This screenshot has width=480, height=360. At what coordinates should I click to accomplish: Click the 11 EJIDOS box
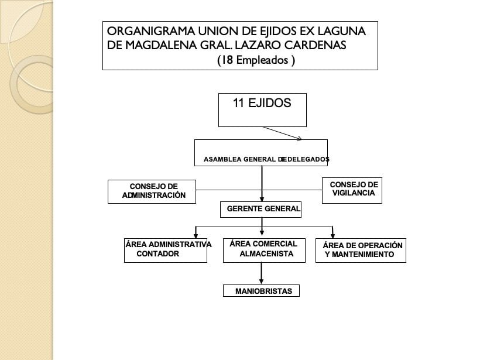tap(262, 109)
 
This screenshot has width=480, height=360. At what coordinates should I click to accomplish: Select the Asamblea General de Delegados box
tap(261, 153)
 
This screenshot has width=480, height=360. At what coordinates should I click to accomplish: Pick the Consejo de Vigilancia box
tap(352, 190)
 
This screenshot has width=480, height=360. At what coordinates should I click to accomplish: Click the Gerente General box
tap(261, 209)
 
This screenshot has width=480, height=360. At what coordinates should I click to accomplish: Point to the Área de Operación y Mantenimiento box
tap(360, 250)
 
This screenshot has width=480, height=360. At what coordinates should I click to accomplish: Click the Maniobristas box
tap(261, 290)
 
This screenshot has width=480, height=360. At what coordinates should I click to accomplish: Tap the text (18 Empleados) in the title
tap(256, 60)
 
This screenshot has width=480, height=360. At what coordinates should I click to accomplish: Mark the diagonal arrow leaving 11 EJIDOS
tap(282, 133)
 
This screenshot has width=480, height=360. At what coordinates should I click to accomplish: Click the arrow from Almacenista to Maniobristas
tap(261, 274)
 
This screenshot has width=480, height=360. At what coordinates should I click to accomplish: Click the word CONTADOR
tap(157, 255)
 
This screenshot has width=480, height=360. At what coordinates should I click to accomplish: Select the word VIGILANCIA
tap(353, 193)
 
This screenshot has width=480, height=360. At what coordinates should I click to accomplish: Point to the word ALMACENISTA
tap(266, 255)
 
